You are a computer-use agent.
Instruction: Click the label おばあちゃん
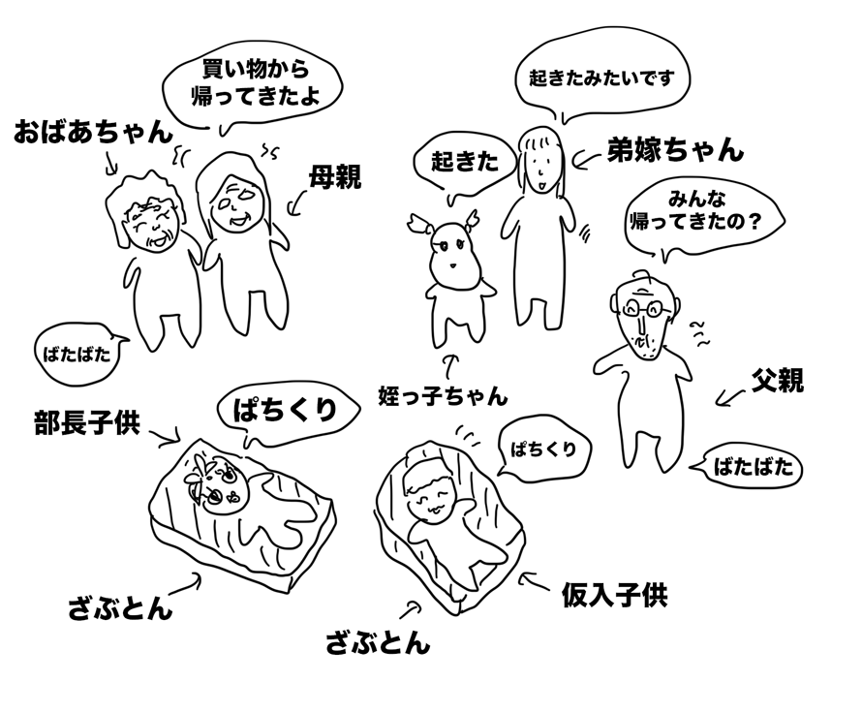[93, 133]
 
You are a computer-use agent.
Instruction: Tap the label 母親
[335, 177]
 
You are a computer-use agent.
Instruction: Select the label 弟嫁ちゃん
[675, 149]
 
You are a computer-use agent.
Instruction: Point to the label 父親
[778, 380]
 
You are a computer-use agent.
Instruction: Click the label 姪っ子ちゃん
[443, 396]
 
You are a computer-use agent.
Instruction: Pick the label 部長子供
[87, 422]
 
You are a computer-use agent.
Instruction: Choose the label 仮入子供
[614, 595]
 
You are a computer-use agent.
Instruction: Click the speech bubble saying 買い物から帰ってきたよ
[253, 85]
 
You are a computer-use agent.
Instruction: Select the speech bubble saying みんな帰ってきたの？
[704, 219]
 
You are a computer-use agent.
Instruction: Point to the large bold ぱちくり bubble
[287, 413]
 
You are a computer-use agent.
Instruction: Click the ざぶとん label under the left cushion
[120, 608]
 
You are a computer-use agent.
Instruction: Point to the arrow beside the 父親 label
[731, 398]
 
